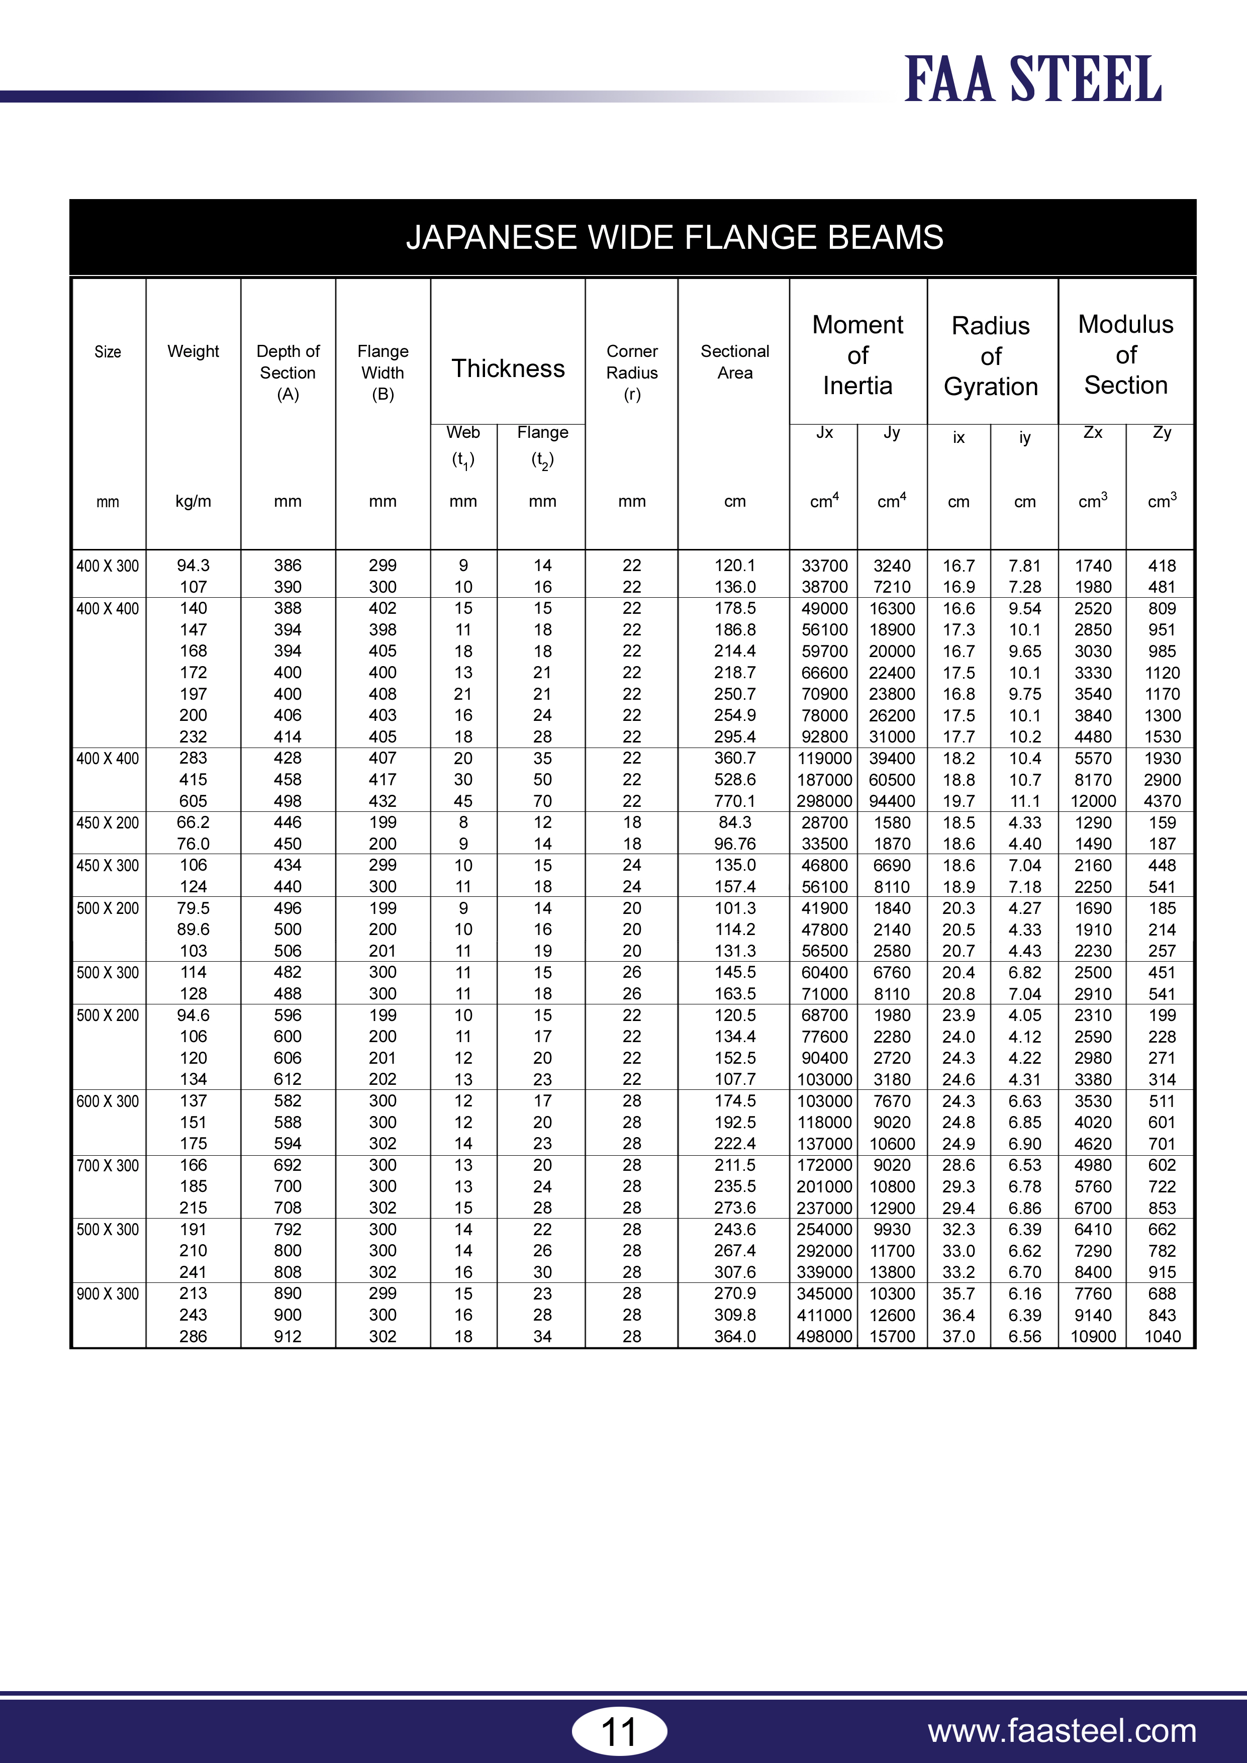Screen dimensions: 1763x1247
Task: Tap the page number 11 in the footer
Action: coord(619,1731)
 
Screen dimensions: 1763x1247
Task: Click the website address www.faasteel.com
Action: coord(1062,1731)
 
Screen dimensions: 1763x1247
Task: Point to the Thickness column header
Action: coord(508,368)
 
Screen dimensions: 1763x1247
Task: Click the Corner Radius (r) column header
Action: coord(632,373)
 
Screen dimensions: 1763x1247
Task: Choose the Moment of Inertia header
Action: coord(857,355)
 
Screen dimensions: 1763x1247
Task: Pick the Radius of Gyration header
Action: coord(991,355)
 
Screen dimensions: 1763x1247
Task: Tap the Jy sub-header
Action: coord(892,432)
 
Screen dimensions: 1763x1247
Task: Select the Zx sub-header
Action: coord(1093,432)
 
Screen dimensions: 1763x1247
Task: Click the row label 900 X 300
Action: coord(108,1294)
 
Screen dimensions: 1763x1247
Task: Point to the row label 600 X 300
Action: coord(108,1101)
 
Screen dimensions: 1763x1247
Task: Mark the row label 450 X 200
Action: coord(108,822)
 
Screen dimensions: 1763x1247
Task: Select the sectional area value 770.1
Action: coord(735,801)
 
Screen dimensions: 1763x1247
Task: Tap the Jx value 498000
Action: coord(824,1336)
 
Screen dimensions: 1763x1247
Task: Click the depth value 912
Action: coord(288,1336)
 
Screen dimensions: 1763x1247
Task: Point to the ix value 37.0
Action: coord(958,1336)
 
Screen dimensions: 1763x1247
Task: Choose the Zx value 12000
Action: coord(1093,801)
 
